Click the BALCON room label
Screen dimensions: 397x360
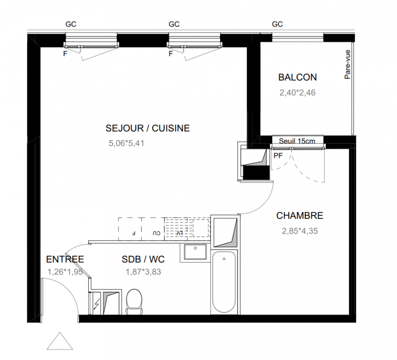298,77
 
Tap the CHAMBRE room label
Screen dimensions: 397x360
299,216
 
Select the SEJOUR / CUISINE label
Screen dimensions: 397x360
148,128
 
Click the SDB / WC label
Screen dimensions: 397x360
143,259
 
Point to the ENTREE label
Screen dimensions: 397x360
65,259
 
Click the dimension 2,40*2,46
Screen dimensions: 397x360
298,93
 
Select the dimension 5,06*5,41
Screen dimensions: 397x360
126,143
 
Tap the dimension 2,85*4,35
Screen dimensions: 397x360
300,231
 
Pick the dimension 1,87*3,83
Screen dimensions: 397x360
143,272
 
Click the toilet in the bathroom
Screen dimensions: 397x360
134,302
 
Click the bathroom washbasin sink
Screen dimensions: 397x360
195,252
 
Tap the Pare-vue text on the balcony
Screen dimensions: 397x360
347,64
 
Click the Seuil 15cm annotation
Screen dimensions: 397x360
297,141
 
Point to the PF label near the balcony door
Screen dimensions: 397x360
278,156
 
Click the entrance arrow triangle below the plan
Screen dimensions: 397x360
60,341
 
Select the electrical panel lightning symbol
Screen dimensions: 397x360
96,304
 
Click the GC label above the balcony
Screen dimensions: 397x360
277,24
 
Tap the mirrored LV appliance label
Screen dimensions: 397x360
179,233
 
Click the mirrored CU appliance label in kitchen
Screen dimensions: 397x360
157,233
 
